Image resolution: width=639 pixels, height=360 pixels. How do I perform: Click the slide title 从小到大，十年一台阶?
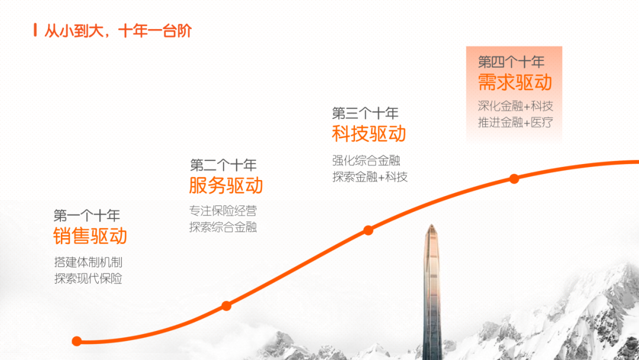coord(118,31)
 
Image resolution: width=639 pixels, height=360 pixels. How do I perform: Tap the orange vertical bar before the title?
coord(35,30)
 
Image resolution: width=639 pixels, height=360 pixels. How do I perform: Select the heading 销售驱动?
coord(90,236)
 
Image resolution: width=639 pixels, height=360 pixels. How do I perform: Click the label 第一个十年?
coord(87,216)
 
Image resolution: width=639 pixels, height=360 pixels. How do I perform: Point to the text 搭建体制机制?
coord(88,262)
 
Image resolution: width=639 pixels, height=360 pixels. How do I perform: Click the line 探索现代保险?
coord(88,278)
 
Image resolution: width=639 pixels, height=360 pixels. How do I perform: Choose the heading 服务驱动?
coord(226,185)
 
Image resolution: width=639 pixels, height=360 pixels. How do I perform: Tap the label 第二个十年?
coord(223,165)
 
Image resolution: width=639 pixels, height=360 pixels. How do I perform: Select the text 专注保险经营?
coord(223,211)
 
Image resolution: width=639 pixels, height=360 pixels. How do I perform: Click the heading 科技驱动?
coord(369,134)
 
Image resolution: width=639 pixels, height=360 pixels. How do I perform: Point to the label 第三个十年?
coord(365,113)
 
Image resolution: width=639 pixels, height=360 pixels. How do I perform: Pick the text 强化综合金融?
coord(366,160)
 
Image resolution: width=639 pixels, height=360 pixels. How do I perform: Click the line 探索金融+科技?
coord(370,177)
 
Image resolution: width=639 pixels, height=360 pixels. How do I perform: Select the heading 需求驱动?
coord(515,82)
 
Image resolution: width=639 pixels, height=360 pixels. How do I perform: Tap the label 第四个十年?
coord(511,62)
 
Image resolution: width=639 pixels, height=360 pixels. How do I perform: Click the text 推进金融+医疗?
coord(515,123)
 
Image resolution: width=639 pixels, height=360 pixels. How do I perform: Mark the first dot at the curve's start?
coord(76,341)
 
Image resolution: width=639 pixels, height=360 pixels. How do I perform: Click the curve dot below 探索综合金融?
coord(227,306)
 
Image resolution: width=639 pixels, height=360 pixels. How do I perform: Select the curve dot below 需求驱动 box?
coord(514,179)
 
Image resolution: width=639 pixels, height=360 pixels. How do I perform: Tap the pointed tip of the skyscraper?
coord(431,224)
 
